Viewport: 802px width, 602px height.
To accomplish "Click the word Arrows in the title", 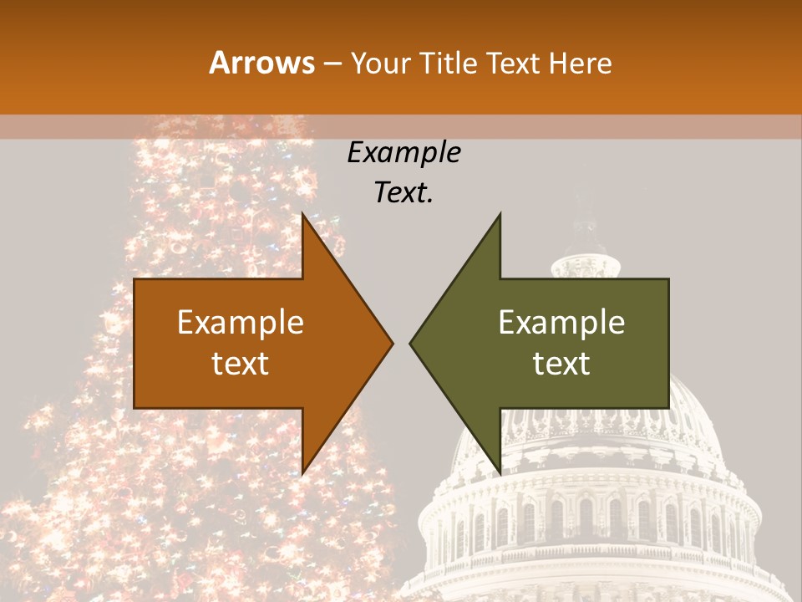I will pos(261,63).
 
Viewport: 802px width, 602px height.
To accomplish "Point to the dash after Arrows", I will pos(332,64).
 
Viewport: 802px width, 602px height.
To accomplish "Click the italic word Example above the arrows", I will pos(404,153).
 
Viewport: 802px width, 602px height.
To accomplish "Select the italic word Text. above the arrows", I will pos(404,193).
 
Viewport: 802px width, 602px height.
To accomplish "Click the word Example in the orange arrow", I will pos(241,323).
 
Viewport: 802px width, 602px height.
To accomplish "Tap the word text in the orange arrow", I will pos(241,364).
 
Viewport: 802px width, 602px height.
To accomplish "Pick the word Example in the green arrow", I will pos(561,323).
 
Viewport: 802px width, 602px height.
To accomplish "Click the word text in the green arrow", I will pos(561,364).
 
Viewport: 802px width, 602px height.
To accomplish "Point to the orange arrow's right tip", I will pos(392,343).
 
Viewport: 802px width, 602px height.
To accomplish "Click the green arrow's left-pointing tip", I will pos(410,343).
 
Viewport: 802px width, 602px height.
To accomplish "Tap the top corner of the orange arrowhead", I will pos(302,214).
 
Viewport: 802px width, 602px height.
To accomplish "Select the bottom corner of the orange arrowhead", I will pos(302,472).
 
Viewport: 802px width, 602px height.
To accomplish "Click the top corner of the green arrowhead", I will pos(500,214).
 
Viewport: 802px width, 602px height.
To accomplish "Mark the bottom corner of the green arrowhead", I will pos(500,472).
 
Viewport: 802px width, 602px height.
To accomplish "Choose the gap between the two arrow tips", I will pos(401,343).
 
